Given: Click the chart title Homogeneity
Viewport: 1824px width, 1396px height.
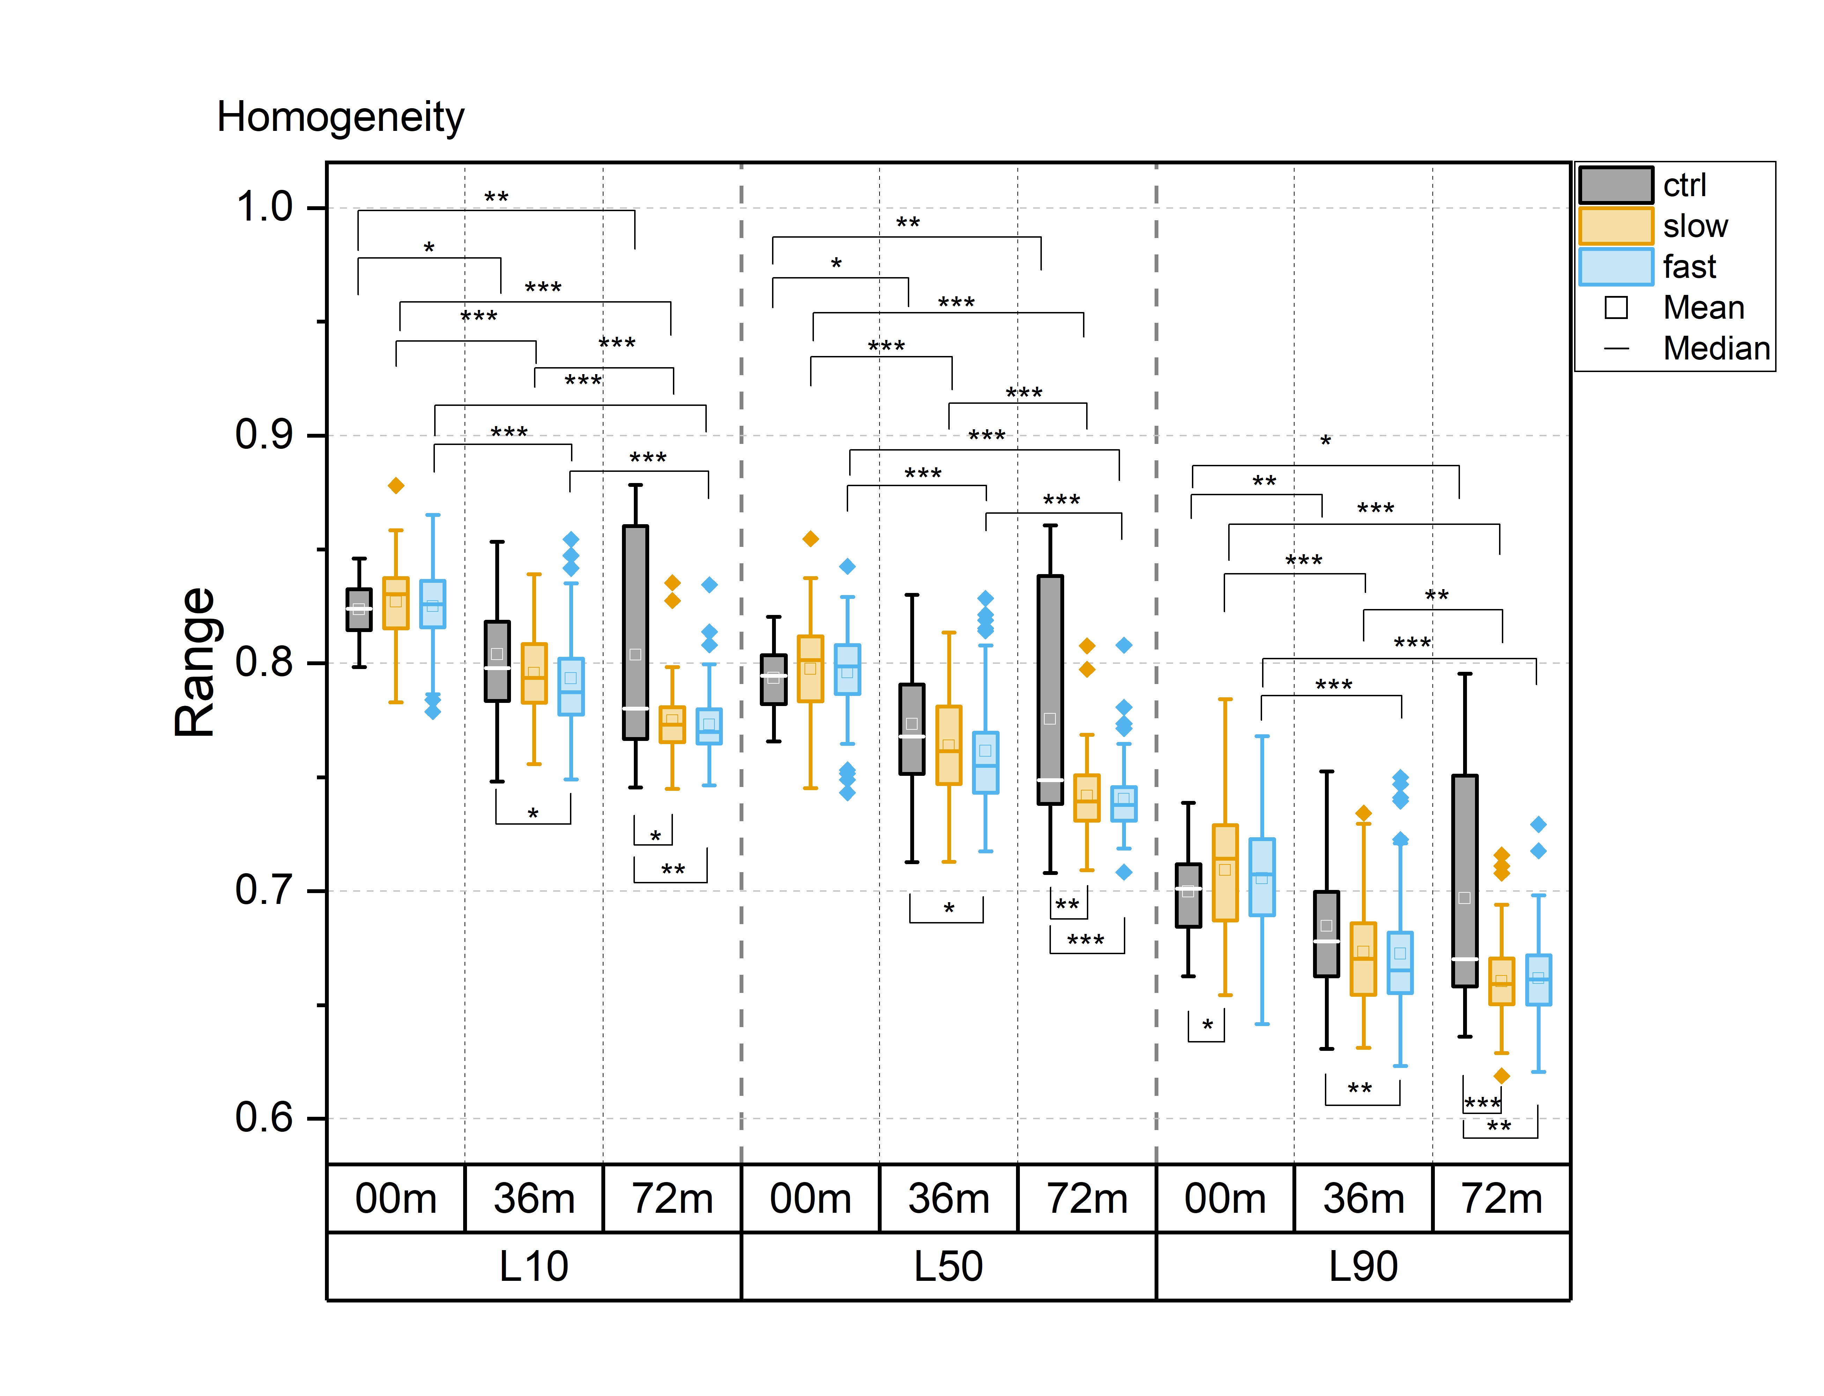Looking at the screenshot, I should click(340, 116).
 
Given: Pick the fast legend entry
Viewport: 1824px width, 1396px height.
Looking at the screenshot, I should click(1689, 267).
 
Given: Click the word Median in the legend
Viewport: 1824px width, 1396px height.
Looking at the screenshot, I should click(1716, 348).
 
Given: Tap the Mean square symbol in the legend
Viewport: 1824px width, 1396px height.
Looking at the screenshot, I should click(1615, 307).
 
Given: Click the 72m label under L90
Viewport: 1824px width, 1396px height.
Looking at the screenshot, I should click(1501, 1198).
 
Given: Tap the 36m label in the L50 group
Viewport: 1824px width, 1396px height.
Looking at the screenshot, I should click(948, 1198).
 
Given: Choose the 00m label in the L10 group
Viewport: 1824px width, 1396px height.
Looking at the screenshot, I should click(395, 1198).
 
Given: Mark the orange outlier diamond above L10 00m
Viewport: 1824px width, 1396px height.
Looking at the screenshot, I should click(396, 485).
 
